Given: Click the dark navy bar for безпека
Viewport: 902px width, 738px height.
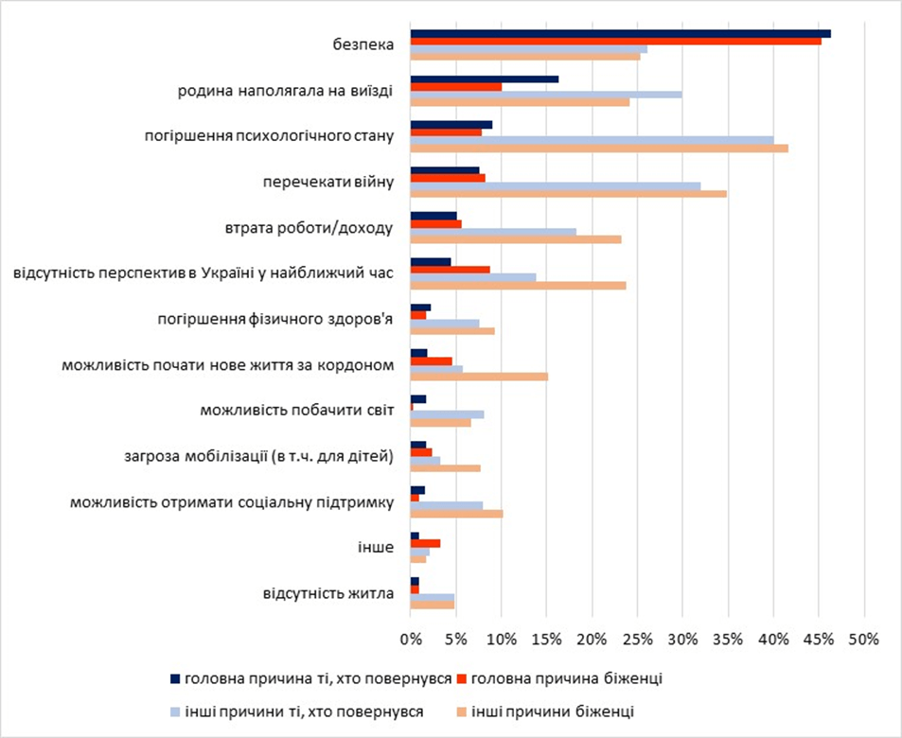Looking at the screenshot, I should pyautogui.click(x=620, y=33).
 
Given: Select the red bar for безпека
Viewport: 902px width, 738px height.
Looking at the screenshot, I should pyautogui.click(x=615, y=41).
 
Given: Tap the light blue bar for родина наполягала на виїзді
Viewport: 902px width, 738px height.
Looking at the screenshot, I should pyautogui.click(x=545, y=95).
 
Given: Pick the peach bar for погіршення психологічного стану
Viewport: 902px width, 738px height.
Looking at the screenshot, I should pyautogui.click(x=598, y=148).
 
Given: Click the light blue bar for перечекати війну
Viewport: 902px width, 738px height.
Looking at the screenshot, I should pyautogui.click(x=555, y=185).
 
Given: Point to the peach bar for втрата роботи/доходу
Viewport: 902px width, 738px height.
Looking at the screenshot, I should pyautogui.click(x=515, y=238).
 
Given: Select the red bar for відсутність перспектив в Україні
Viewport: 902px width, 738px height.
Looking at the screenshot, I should pyautogui.click(x=450, y=269).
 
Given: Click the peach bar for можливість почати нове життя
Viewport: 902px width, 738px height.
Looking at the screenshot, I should pyautogui.click(x=479, y=377).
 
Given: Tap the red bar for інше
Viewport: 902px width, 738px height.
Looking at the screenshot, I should pyautogui.click(x=425, y=543).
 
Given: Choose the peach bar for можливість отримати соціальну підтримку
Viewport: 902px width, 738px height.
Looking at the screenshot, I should pyautogui.click(x=456, y=514).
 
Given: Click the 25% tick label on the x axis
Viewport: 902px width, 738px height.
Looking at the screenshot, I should pyautogui.click(x=637, y=640).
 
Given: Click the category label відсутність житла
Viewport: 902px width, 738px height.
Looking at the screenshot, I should pyautogui.click(x=327, y=594).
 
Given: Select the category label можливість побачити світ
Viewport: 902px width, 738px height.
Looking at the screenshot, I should pyautogui.click(x=297, y=411).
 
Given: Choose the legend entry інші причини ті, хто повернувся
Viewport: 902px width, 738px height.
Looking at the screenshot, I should pyautogui.click(x=304, y=710).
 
